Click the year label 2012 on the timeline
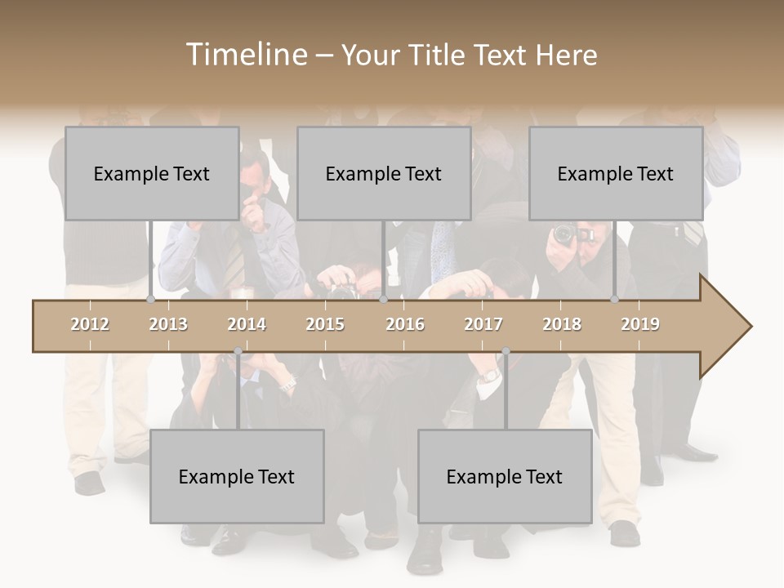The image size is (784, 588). tap(90, 324)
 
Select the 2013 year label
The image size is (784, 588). tap(168, 324)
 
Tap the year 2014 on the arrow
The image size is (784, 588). tap(247, 324)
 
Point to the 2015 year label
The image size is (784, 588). tap(325, 324)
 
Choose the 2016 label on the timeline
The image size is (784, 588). tap(404, 324)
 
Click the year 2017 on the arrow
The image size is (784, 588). tap(483, 324)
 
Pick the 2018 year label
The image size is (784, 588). tap(562, 324)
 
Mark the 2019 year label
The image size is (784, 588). tap(640, 324)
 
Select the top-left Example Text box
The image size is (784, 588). tap(152, 173)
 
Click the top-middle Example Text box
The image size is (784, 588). tap(384, 173)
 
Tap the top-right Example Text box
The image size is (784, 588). tap(616, 173)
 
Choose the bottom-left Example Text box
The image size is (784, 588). tap(237, 476)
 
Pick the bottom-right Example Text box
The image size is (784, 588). tap(505, 476)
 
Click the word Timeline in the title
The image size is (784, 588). tap(245, 55)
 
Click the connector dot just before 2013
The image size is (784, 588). tap(150, 300)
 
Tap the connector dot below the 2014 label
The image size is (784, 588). tap(238, 352)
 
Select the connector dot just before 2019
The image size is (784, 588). tap(614, 300)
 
